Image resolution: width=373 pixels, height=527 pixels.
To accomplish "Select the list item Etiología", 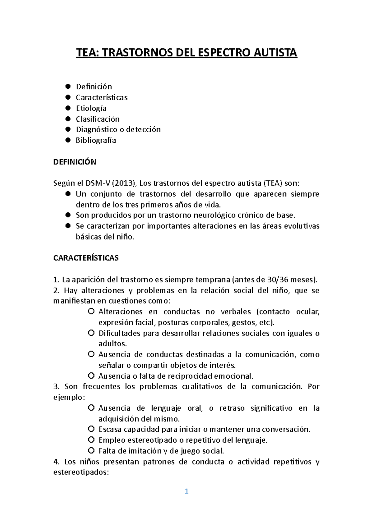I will coord(91,108).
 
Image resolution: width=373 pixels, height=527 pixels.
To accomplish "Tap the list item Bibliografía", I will coord(96,140).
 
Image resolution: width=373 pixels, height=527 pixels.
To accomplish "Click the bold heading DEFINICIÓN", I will coord(75,162).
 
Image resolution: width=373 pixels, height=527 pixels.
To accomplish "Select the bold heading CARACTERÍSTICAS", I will coord(86,258).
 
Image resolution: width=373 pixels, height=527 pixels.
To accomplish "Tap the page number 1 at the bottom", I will coord(186,491).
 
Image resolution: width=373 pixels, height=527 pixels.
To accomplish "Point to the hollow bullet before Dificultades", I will coord(91,333).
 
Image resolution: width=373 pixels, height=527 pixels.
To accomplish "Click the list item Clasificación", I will coord(98,119).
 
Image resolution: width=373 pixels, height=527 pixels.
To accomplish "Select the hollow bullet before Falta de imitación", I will coord(91,450).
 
